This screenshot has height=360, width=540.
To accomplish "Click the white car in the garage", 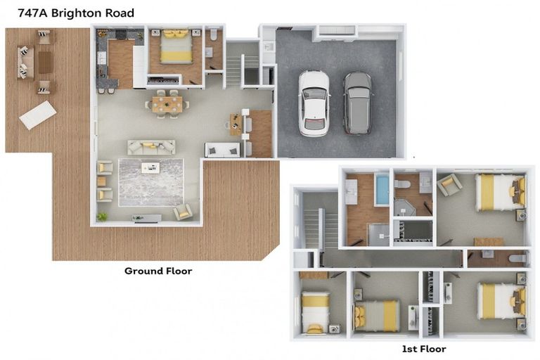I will pos(314,103).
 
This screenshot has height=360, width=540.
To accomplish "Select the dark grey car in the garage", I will pos(357,103).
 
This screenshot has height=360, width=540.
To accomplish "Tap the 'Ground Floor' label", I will pos(158,271).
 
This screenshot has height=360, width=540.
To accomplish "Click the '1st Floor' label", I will pos(423,349).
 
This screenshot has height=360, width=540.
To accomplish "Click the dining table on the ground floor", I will pos(167,104).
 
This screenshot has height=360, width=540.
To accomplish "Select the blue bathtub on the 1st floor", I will pos(381,190).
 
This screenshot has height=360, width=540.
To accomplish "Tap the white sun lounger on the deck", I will pos(38,115).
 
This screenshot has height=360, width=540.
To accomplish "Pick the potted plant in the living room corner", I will pos(103,217).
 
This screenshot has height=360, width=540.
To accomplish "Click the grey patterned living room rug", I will pos(150,182).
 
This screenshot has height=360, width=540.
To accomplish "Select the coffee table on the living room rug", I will pos(150,167).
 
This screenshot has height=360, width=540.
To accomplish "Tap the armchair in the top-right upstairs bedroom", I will pos(449,185).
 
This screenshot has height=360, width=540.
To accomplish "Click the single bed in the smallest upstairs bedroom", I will pos(316,311).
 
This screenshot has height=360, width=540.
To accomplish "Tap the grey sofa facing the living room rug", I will pos(151,147).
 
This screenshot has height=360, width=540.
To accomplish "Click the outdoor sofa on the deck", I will pos(23,62).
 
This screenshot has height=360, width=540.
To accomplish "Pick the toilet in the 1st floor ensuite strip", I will pos(517,259).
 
